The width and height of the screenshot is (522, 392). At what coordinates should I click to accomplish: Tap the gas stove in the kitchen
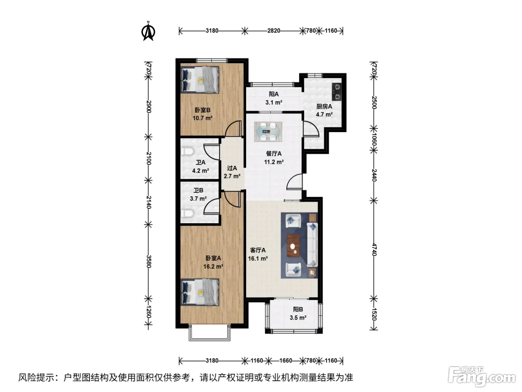[x=337, y=91]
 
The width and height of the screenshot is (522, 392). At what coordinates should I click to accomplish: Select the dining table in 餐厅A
[x=268, y=131]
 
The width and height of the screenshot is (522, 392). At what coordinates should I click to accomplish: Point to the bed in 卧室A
[x=199, y=292]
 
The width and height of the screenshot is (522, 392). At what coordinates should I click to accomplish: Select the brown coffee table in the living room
[x=293, y=246]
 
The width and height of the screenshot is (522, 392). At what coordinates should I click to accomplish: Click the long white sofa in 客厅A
[x=312, y=245]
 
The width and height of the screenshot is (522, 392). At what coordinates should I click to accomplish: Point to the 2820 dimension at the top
[x=273, y=31]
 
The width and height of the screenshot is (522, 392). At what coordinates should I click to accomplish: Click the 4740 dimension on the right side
[x=374, y=249]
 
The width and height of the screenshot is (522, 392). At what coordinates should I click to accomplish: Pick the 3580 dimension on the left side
[x=148, y=261]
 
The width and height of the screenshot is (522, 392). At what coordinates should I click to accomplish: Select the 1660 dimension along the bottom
[x=285, y=361]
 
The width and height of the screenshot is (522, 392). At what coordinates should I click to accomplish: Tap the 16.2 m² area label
[x=213, y=266]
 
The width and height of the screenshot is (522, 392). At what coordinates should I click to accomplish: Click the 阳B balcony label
[x=298, y=309]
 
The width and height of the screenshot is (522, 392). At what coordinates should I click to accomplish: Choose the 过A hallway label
[x=232, y=168]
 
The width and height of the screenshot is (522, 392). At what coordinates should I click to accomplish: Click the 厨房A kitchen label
[x=324, y=106]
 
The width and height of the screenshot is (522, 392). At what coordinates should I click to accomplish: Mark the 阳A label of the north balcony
[x=273, y=94]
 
